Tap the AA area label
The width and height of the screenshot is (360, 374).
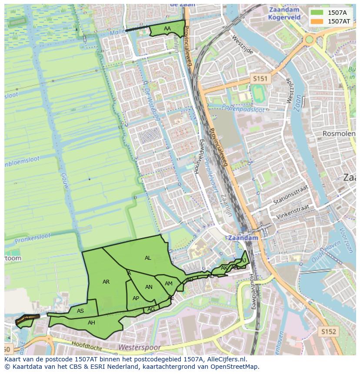167,29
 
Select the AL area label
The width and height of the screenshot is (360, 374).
148,258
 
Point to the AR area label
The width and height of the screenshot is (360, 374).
106,282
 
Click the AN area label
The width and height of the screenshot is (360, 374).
149,287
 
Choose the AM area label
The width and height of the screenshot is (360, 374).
169,284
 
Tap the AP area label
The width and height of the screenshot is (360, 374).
136,298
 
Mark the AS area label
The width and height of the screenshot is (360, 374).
80,311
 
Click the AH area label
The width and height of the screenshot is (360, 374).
91,323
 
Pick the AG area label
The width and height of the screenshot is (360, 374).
151,309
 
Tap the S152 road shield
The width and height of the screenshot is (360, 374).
329,331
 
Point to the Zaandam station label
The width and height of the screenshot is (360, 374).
243,238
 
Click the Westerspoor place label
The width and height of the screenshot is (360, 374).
140,348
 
